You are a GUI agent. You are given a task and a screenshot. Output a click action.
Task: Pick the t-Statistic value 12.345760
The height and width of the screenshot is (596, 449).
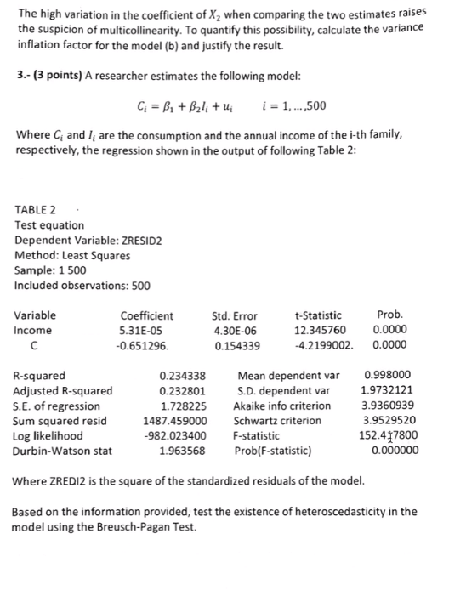(320, 330)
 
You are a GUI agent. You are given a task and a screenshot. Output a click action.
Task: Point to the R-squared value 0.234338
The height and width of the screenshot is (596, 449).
(183, 375)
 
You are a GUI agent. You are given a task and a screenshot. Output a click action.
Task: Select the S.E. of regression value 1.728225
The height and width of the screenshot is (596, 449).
(183, 405)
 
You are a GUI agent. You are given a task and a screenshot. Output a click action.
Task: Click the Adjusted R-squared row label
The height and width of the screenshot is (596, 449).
(63, 390)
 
